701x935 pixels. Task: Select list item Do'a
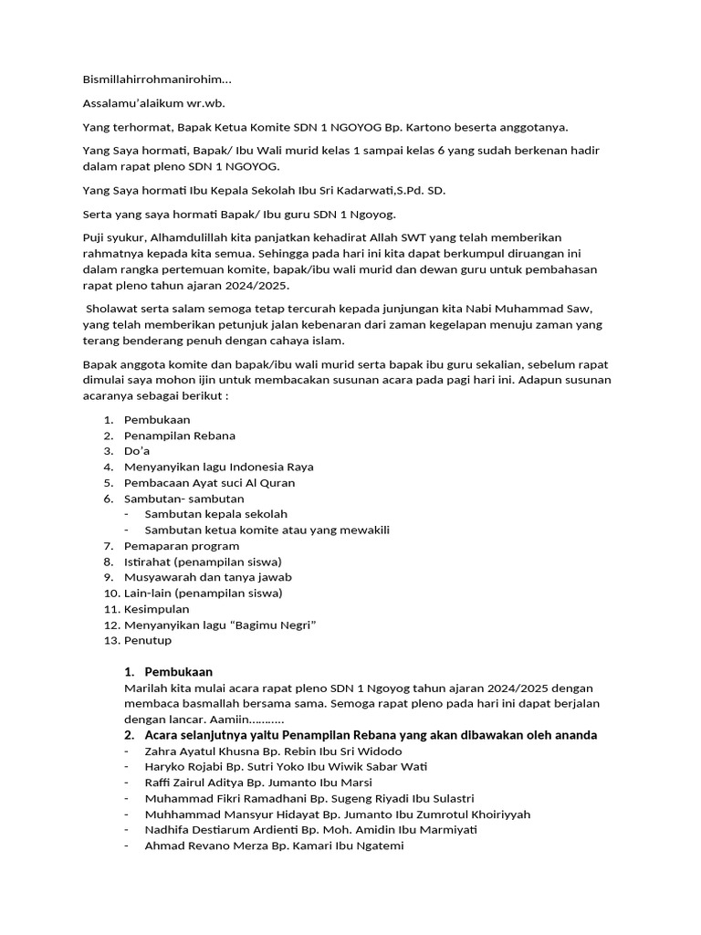click(x=137, y=451)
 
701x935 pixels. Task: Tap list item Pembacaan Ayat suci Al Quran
click(x=209, y=482)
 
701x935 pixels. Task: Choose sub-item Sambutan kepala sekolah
click(x=215, y=514)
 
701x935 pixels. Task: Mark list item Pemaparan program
click(x=182, y=545)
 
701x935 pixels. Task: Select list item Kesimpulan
click(x=156, y=608)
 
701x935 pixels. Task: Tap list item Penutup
click(x=148, y=640)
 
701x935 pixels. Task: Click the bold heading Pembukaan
click(x=178, y=672)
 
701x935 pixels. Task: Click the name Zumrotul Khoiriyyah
click(x=483, y=814)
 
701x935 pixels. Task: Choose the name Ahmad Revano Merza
click(x=207, y=846)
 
